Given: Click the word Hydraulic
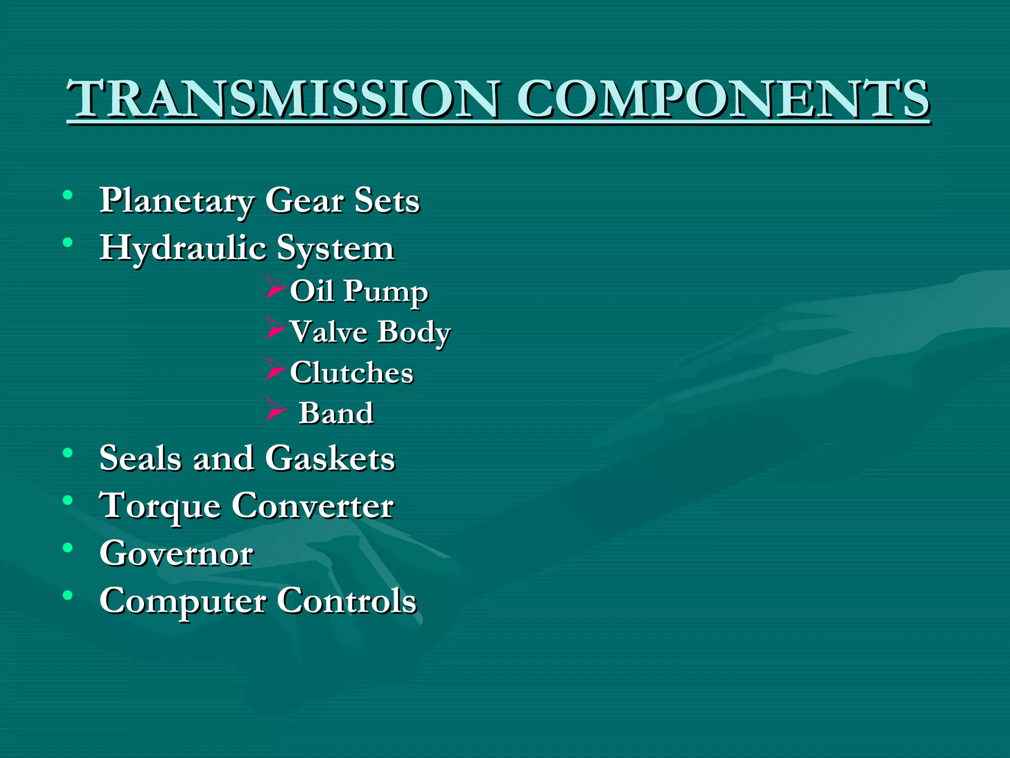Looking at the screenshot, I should (183, 248).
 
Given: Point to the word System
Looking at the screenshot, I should (335, 248).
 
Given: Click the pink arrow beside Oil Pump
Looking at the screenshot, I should (275, 288).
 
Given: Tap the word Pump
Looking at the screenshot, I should (386, 292).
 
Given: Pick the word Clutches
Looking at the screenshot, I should (351, 372).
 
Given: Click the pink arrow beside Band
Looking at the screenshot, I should (275, 410).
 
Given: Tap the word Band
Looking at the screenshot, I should (336, 413).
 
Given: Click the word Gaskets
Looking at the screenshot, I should (330, 458).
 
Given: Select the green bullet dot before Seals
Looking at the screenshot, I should (68, 453).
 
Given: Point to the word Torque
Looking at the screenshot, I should (160, 506).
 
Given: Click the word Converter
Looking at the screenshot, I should (313, 505).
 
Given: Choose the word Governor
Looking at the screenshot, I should (176, 553).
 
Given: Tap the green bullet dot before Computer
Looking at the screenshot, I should (68, 595).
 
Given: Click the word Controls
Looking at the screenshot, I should (347, 601).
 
